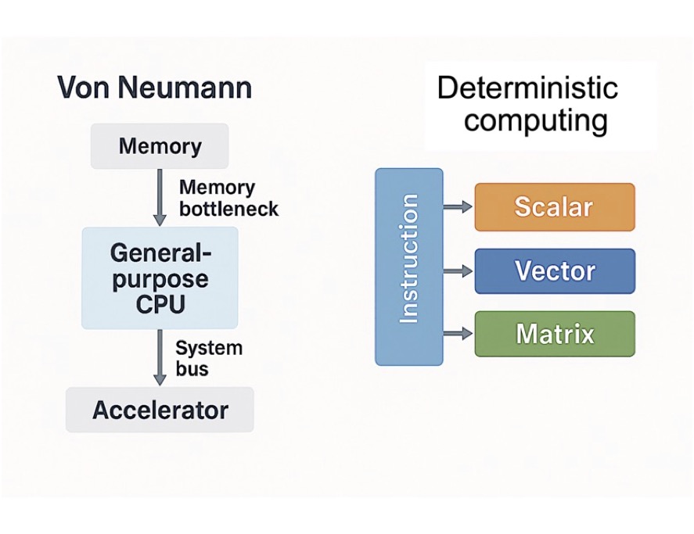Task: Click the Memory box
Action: tap(160, 146)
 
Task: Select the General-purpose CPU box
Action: tap(160, 278)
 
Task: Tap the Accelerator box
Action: tap(160, 410)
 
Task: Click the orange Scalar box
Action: tap(554, 207)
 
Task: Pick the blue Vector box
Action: tap(554, 271)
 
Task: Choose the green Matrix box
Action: tap(554, 334)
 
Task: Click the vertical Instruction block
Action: tap(408, 267)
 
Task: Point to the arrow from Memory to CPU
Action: tap(160, 197)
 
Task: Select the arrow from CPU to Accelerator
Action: tap(160, 357)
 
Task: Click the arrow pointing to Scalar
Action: tap(458, 207)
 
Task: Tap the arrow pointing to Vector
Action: tap(458, 271)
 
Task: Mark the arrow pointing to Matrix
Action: tap(458, 334)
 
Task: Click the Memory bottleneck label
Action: tap(228, 199)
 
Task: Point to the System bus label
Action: tap(208, 358)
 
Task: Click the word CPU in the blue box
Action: tap(160, 303)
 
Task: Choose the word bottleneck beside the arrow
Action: tap(228, 210)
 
